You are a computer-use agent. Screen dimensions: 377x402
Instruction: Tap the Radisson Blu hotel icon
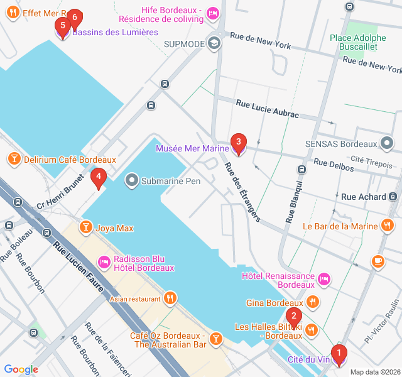tap(103, 260)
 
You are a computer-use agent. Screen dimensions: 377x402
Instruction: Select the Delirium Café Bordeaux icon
tap(13, 160)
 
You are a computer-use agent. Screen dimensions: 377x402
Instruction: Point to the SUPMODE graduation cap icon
tap(214, 43)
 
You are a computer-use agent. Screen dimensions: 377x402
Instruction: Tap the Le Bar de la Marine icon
tap(388, 226)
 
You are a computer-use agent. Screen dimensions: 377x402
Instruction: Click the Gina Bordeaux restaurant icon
tap(313, 302)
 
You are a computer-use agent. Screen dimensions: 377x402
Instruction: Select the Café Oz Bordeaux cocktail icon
tap(216, 339)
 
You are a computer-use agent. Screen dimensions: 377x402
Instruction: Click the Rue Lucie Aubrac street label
tap(267, 108)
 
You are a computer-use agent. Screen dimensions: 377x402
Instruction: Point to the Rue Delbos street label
tap(330, 163)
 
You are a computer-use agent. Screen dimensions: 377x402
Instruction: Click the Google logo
tap(21, 369)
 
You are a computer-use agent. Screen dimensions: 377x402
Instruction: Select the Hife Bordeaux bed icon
tap(213, 13)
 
